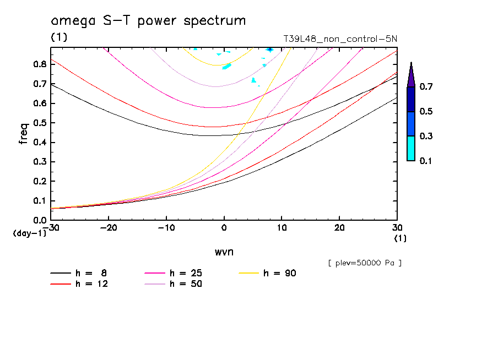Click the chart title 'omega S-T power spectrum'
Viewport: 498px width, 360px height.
click(x=148, y=21)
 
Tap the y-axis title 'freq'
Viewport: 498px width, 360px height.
click(x=23, y=134)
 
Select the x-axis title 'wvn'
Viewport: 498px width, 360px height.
click(x=224, y=252)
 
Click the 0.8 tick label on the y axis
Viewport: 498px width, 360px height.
click(x=40, y=64)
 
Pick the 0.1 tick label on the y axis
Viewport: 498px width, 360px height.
click(x=40, y=200)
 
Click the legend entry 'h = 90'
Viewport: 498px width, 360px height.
click(x=280, y=273)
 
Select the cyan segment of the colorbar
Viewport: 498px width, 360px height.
click(x=411, y=148)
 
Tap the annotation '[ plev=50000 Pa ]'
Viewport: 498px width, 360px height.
click(x=365, y=263)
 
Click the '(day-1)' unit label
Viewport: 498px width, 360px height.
click(x=29, y=233)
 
